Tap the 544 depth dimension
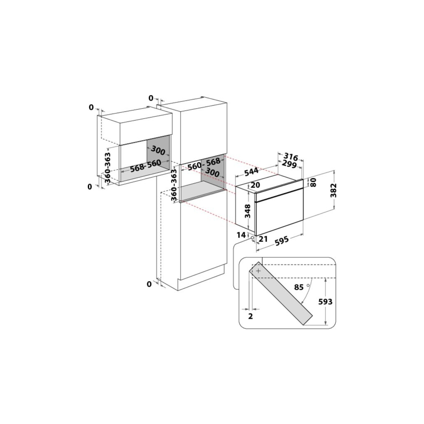[x=251, y=171]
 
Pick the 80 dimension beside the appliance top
[x=313, y=183]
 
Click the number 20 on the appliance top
[x=255, y=185]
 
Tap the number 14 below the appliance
[x=241, y=235]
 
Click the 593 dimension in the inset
[x=325, y=302]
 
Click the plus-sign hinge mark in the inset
[x=258, y=270]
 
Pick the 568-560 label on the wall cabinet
[x=145, y=166]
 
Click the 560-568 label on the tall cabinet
[x=204, y=164]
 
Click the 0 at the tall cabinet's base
[x=149, y=284]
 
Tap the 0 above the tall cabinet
[x=151, y=98]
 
